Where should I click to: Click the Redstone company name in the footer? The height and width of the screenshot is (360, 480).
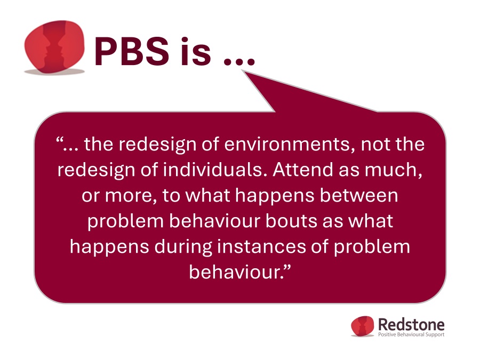[x=411, y=324]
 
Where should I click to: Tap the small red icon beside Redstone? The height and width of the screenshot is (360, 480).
[x=363, y=326]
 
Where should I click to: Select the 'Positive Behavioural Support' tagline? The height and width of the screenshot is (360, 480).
[x=411, y=334]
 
